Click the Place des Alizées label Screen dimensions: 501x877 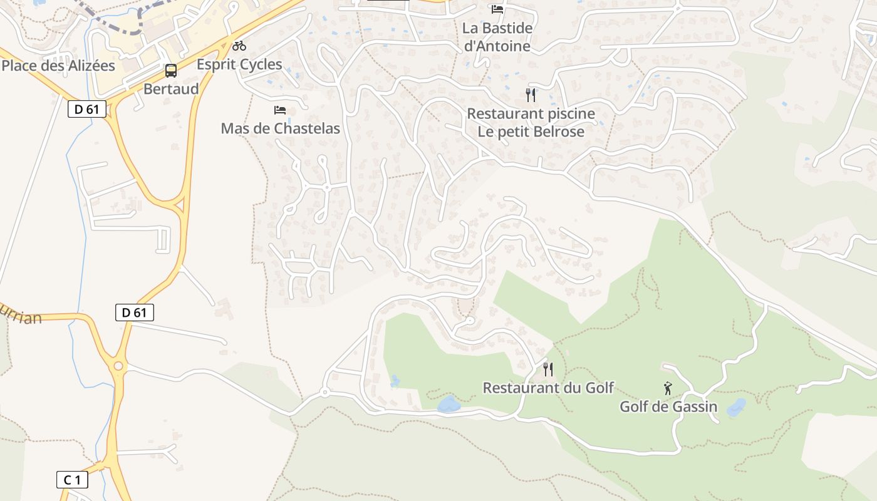[x=58, y=65]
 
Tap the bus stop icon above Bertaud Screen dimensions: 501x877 [x=171, y=71]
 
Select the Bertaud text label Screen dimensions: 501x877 [x=171, y=89]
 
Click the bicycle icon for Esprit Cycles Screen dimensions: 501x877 [x=239, y=46]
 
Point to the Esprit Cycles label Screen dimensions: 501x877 [x=239, y=65]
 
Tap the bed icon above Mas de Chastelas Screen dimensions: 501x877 [x=280, y=110]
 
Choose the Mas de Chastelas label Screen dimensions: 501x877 [x=280, y=128]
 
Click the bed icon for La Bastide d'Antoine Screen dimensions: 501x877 [x=497, y=9]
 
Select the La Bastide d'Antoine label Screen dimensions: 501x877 [x=497, y=37]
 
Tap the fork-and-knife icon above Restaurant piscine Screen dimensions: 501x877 [x=531, y=95]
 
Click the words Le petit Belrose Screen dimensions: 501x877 [x=531, y=132]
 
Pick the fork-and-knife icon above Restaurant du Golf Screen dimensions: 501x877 [x=548, y=369]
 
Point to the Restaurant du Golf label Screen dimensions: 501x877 [x=548, y=388]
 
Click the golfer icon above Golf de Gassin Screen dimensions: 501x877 [x=668, y=388]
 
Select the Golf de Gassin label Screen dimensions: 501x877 [x=668, y=406]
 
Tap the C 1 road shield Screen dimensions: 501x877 [x=72, y=480]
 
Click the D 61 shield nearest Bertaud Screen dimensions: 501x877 [x=86, y=109]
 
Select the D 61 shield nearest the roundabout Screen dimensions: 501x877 [x=135, y=312]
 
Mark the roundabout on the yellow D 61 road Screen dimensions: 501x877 [x=117, y=366]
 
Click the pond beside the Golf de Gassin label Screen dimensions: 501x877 [x=736, y=407]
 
